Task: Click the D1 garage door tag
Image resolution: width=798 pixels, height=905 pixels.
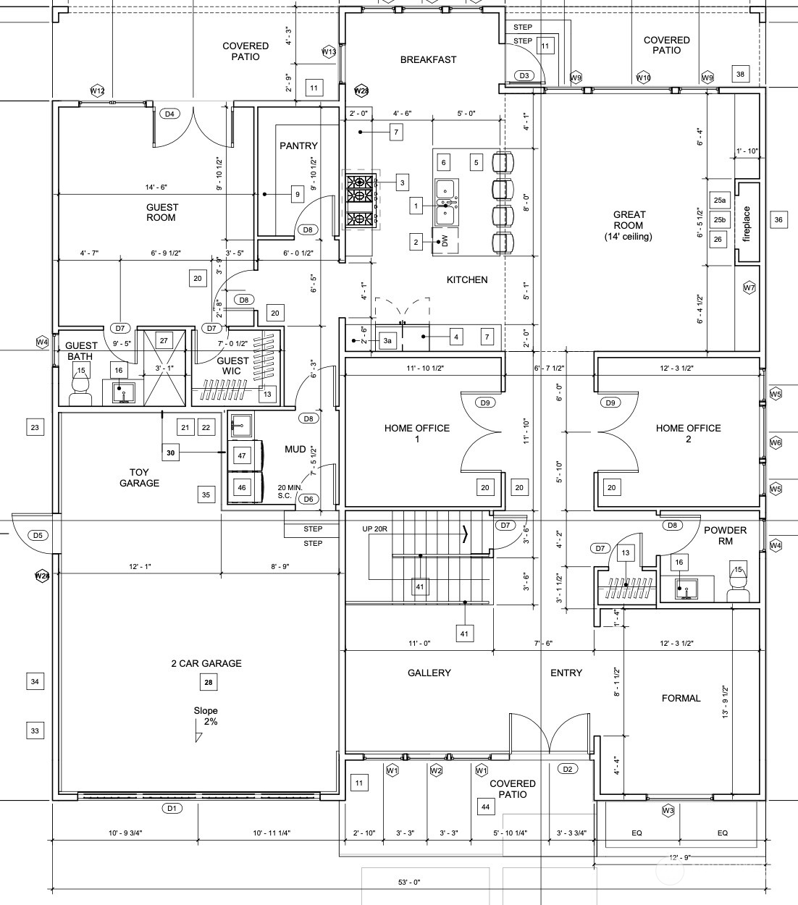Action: pos(172,807)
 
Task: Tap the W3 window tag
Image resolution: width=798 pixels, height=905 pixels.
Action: pos(668,810)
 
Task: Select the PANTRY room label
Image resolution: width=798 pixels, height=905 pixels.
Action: pos(298,146)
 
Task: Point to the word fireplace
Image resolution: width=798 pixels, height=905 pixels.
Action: pos(746,224)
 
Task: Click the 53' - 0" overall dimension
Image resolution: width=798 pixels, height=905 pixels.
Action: pos(409,883)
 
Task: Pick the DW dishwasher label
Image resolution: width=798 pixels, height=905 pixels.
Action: pos(445,241)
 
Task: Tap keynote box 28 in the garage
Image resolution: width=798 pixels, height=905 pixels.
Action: pos(209,682)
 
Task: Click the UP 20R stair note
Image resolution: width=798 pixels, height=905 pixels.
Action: pos(375,529)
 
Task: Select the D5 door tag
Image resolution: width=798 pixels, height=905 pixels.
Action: pos(38,535)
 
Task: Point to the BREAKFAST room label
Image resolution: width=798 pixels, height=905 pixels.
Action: pos(428,60)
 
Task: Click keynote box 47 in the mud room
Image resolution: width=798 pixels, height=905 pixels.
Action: pos(242,455)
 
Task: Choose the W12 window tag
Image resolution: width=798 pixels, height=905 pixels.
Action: pos(98,90)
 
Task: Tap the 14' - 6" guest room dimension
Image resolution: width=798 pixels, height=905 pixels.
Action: pos(156,188)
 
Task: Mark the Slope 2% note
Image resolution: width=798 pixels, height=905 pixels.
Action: pos(206,716)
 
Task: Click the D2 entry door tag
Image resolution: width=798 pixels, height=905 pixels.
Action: pos(568,769)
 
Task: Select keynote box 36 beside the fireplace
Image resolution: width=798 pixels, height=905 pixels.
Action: pos(778,220)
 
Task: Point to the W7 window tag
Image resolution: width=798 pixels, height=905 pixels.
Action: pos(749,287)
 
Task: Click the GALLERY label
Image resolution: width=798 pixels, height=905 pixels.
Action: pos(429,673)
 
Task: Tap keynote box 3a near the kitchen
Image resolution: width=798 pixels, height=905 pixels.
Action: pos(387,341)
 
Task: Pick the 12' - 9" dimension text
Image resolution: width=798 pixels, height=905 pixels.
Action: pos(680,857)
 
